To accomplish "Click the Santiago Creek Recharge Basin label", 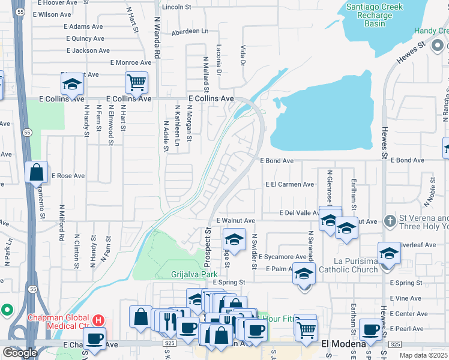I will [374, 15].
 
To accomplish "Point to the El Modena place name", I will [343, 344].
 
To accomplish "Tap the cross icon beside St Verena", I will [390, 220].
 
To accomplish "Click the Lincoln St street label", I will [176, 7].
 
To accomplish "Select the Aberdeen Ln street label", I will [190, 31].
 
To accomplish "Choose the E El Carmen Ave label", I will [290, 185].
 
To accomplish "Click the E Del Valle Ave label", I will [301, 212].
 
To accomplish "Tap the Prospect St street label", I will [209, 247].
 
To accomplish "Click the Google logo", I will [20, 353].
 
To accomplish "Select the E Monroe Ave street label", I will [131, 62].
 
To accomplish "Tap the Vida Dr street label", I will [243, 55].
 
